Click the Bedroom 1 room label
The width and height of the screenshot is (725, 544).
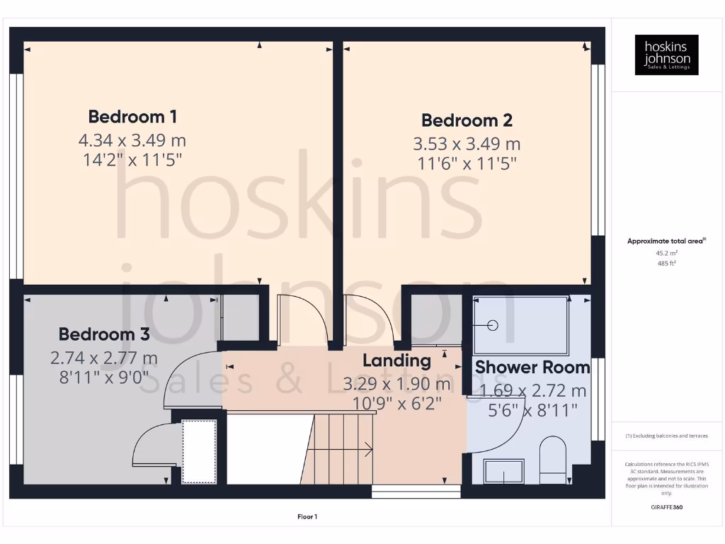point(132,117)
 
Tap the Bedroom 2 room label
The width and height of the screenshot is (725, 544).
point(467,120)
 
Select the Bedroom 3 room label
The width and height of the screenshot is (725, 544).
point(104,334)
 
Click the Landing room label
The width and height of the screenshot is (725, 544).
point(396,361)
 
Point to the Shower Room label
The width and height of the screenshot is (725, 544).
point(532,368)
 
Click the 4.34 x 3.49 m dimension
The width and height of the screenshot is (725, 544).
point(132,140)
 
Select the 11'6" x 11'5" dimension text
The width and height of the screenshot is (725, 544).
point(467,164)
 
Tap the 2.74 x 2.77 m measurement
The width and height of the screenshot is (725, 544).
point(104,358)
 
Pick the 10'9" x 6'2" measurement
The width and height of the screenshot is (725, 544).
point(396,404)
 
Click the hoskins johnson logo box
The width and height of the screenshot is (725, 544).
point(666,55)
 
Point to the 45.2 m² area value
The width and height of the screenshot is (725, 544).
point(666,252)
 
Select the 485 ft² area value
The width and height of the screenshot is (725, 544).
point(666,263)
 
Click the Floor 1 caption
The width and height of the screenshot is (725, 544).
point(307,517)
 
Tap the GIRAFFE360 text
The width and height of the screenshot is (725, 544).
point(666,507)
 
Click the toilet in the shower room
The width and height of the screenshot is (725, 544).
point(553,459)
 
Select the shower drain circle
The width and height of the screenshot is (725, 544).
point(493,325)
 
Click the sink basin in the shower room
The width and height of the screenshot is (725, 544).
point(503,471)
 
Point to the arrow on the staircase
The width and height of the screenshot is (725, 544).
point(367,448)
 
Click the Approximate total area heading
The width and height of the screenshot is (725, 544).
point(666,241)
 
